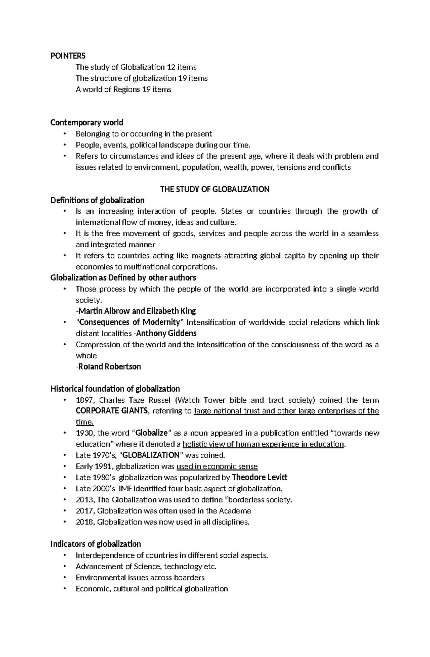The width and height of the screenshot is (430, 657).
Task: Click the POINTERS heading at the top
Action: pyautogui.click(x=68, y=56)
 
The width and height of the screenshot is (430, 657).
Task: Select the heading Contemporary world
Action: pyautogui.click(x=87, y=122)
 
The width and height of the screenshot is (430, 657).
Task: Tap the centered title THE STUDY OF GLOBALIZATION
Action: pyautogui.click(x=215, y=189)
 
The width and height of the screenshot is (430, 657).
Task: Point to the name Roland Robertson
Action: pyautogui.click(x=109, y=367)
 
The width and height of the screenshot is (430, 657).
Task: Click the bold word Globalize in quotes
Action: pyautogui.click(x=153, y=433)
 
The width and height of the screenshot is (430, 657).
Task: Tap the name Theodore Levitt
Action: pyautogui.click(x=260, y=477)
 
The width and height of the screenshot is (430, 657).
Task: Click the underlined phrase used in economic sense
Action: pyautogui.click(x=217, y=466)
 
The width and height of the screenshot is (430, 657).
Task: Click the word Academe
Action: pyautogui.click(x=235, y=511)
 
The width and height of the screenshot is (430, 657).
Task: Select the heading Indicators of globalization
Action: pyautogui.click(x=96, y=544)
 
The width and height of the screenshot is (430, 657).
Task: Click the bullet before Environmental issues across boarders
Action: pyautogui.click(x=64, y=577)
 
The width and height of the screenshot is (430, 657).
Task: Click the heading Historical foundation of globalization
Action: pyautogui.click(x=115, y=388)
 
